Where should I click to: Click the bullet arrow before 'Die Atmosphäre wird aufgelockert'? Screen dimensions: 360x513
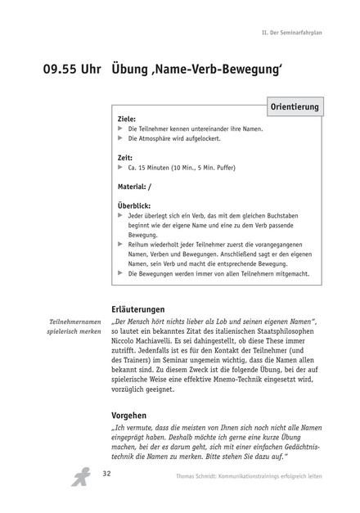121,139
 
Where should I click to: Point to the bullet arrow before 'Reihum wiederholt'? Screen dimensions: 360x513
121,243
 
